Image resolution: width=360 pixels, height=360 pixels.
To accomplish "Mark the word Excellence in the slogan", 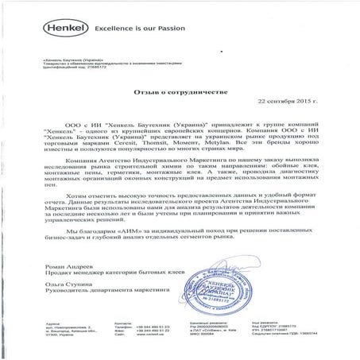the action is (111, 26).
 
